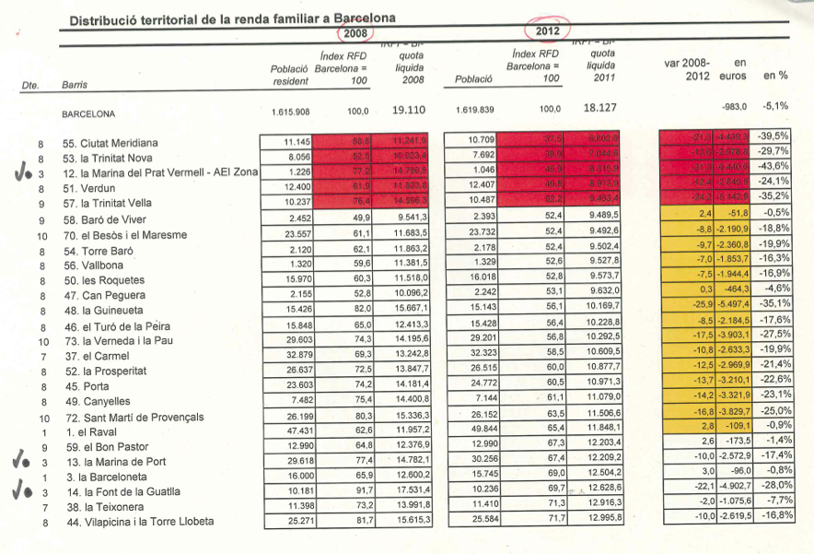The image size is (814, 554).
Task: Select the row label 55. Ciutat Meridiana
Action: point(110,143)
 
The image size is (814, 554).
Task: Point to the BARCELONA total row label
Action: point(88,115)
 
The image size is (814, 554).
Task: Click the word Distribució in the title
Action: point(104,18)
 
